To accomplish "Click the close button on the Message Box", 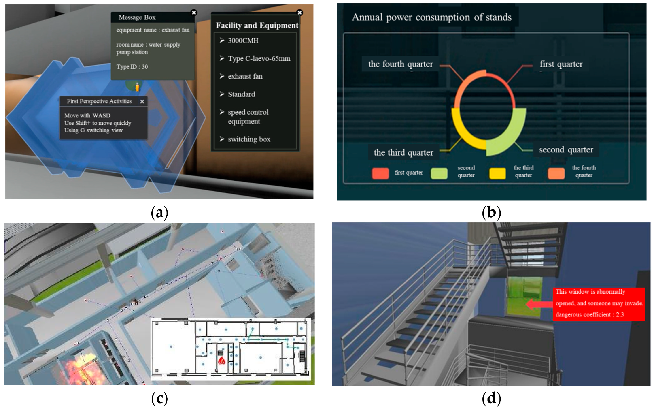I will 194,13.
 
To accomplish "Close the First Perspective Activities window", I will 142,102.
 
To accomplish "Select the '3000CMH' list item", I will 243,41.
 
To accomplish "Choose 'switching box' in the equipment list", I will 249,139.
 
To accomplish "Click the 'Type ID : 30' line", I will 132,67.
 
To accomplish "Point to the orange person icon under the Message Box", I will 137,87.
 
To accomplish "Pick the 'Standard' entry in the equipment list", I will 241,94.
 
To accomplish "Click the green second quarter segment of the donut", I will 509,136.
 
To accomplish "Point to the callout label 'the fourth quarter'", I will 400,64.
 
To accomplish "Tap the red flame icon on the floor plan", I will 222,360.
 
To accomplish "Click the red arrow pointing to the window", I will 539,304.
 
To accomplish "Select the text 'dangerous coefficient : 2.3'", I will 590,315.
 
